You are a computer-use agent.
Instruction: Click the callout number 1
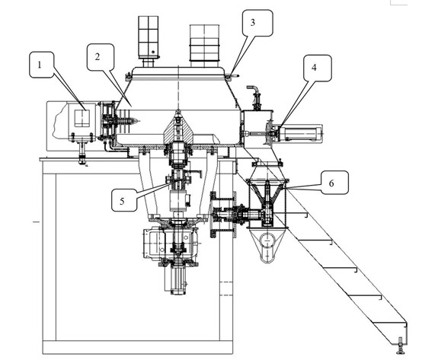[40, 65]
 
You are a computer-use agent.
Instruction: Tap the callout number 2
[98, 57]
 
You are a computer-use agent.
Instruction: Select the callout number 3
[252, 23]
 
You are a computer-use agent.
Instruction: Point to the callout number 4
[314, 68]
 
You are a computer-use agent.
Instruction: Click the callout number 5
[122, 201]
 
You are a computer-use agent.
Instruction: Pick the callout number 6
[331, 183]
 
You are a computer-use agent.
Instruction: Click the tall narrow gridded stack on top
[149, 37]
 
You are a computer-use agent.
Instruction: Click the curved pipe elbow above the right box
[253, 89]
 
